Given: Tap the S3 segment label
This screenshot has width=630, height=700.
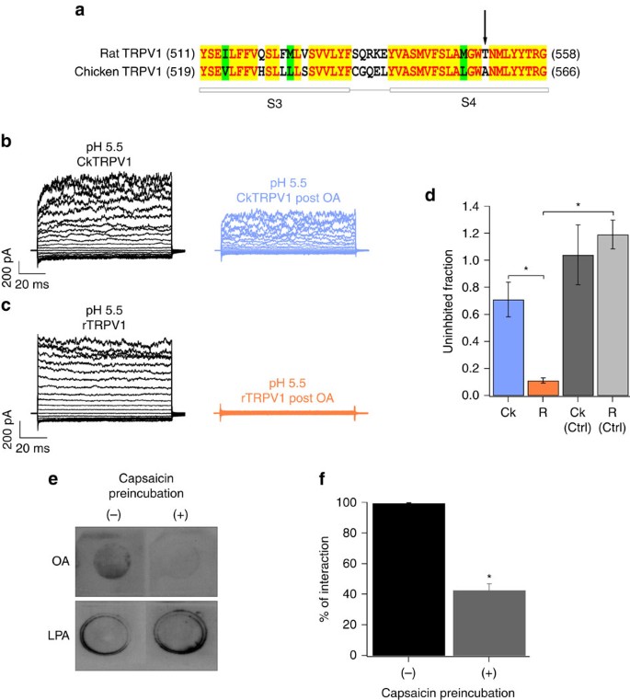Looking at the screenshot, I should tap(274, 105).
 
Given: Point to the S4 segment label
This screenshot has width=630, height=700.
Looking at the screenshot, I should tap(469, 105).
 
